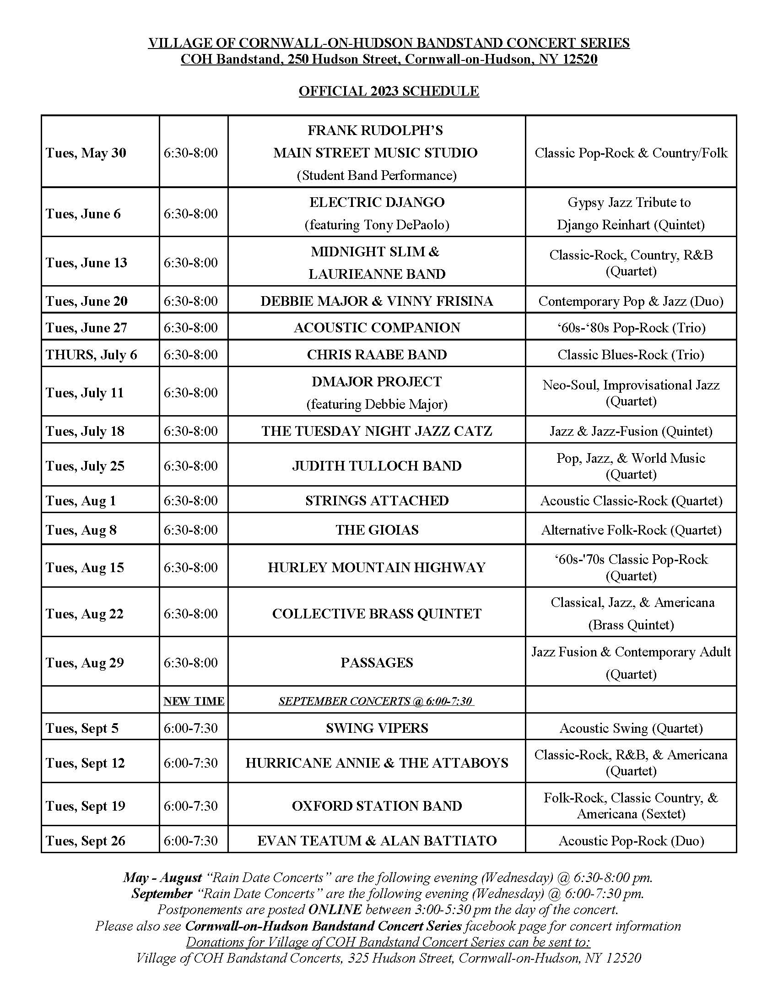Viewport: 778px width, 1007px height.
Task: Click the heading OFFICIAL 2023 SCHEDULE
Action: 389,91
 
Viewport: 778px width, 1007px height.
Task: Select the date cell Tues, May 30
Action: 86,152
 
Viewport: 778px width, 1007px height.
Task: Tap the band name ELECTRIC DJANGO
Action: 377,202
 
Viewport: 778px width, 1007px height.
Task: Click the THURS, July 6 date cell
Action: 91,354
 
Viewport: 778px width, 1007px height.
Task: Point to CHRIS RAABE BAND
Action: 377,354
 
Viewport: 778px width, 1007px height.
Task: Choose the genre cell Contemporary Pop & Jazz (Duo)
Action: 631,301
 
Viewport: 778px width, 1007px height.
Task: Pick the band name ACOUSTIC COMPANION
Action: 377,327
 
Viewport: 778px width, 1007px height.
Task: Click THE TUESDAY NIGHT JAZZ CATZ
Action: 377,431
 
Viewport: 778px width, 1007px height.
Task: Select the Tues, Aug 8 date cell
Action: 81,530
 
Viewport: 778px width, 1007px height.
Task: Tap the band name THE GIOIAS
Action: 377,530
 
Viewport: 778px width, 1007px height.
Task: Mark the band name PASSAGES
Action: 377,663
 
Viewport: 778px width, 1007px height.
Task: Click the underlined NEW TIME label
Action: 194,701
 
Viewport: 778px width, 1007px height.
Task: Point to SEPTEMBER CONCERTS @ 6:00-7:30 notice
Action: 376,701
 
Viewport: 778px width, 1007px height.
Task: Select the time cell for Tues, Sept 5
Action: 190,728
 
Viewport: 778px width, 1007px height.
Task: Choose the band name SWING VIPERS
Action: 377,728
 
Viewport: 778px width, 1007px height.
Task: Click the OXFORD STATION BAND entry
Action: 377,806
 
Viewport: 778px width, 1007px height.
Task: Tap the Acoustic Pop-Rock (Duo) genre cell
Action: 631,840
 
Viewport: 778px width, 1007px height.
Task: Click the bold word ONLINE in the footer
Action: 335,909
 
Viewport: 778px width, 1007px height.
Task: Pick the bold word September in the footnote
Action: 162,893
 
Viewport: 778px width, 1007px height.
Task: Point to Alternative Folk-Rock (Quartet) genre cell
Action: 631,530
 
